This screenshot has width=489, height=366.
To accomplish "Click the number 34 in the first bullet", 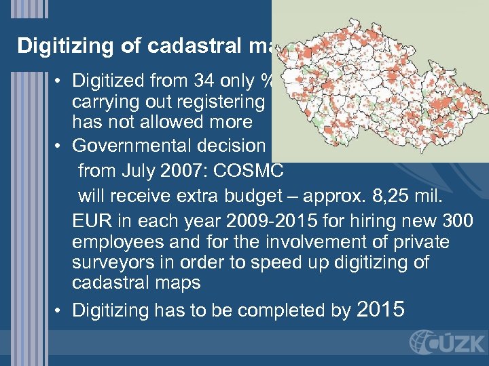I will [204, 81].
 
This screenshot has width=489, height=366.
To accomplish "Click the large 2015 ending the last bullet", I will [380, 309].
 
